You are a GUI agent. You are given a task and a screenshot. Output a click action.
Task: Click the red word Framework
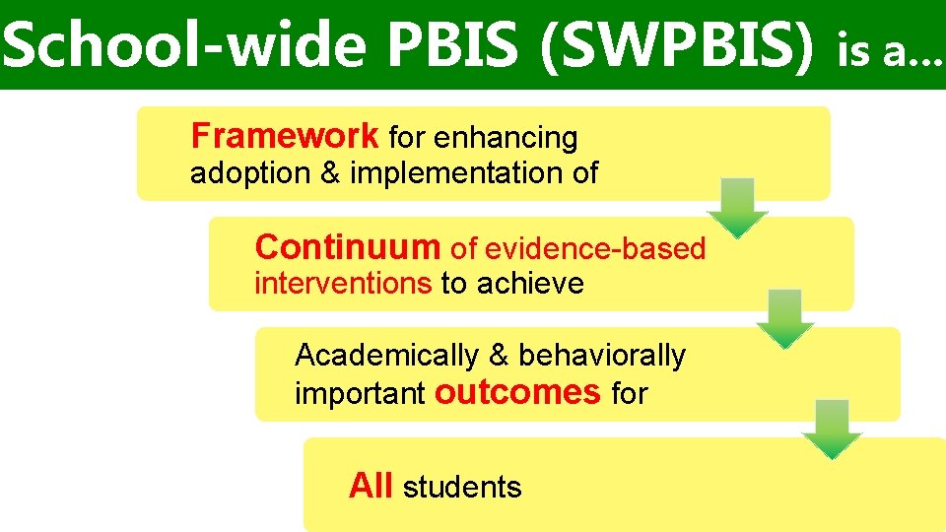284,135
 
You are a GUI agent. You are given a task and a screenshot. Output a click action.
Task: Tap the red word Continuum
347,246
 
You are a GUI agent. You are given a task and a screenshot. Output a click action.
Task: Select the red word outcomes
517,392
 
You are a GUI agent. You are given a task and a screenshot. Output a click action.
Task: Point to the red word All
372,486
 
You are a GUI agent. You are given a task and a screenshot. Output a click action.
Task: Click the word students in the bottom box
462,487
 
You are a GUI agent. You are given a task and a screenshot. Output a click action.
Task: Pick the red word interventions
343,284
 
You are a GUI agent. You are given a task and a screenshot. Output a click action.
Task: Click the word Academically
386,355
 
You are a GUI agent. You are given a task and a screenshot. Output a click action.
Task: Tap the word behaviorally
602,355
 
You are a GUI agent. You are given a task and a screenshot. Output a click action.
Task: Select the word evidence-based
595,248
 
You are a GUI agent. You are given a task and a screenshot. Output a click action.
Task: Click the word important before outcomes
360,394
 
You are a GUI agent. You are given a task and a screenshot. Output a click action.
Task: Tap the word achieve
530,284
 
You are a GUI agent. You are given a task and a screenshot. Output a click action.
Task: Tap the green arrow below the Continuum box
784,318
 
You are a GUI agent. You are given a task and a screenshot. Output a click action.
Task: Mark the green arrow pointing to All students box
832,430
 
